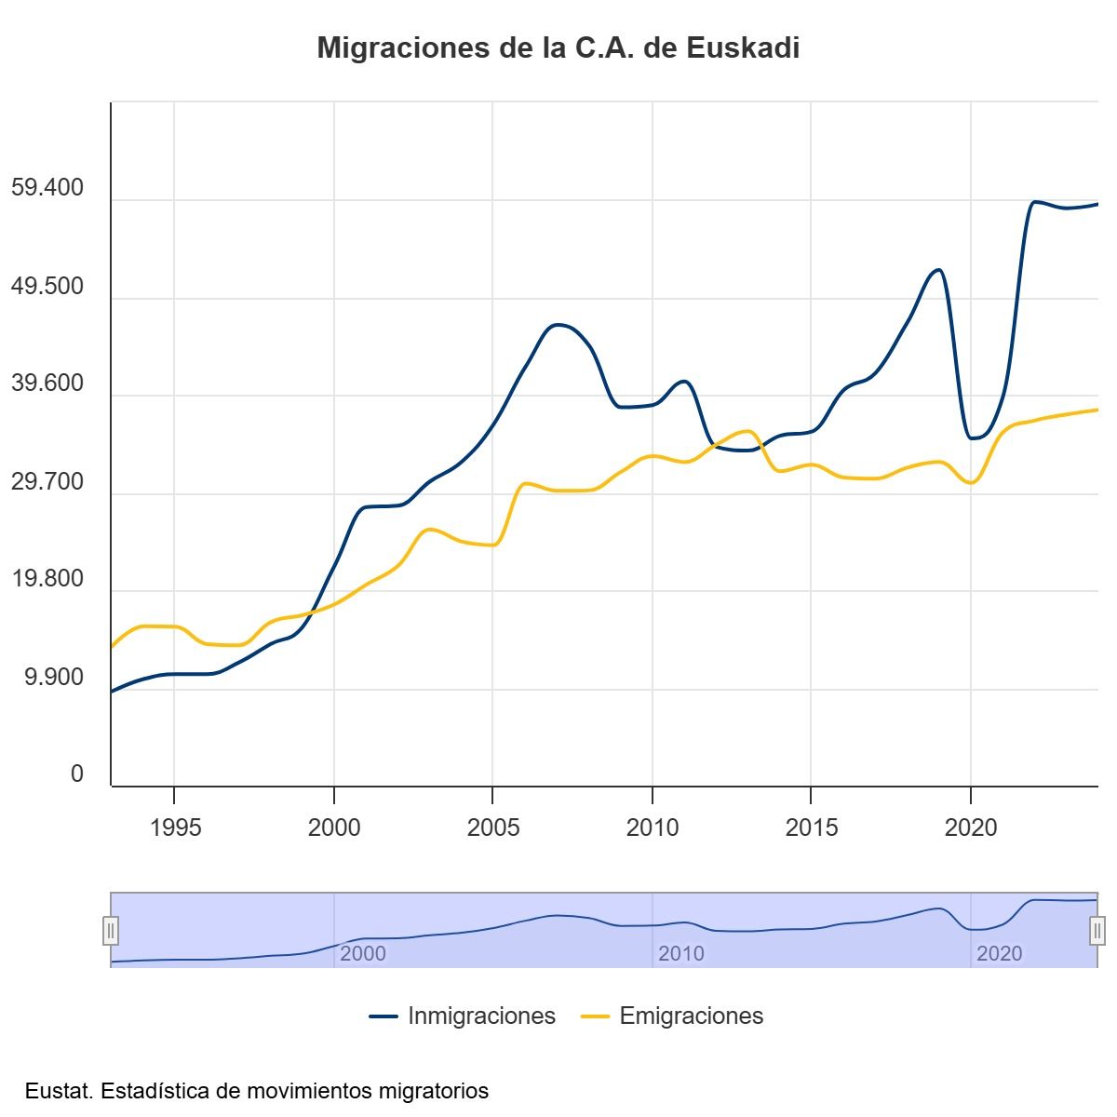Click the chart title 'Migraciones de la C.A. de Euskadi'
coord(558,48)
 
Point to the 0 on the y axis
coord(77,774)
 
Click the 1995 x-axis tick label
coord(175,827)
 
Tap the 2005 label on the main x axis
coord(493,827)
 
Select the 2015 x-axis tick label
coord(812,827)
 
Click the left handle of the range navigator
coord(110,930)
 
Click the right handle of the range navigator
coord(1097,930)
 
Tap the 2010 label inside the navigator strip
coord(680,954)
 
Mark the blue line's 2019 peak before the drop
coord(937,270)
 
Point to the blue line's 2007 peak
coord(557,324)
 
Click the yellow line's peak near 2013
coord(748,431)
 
